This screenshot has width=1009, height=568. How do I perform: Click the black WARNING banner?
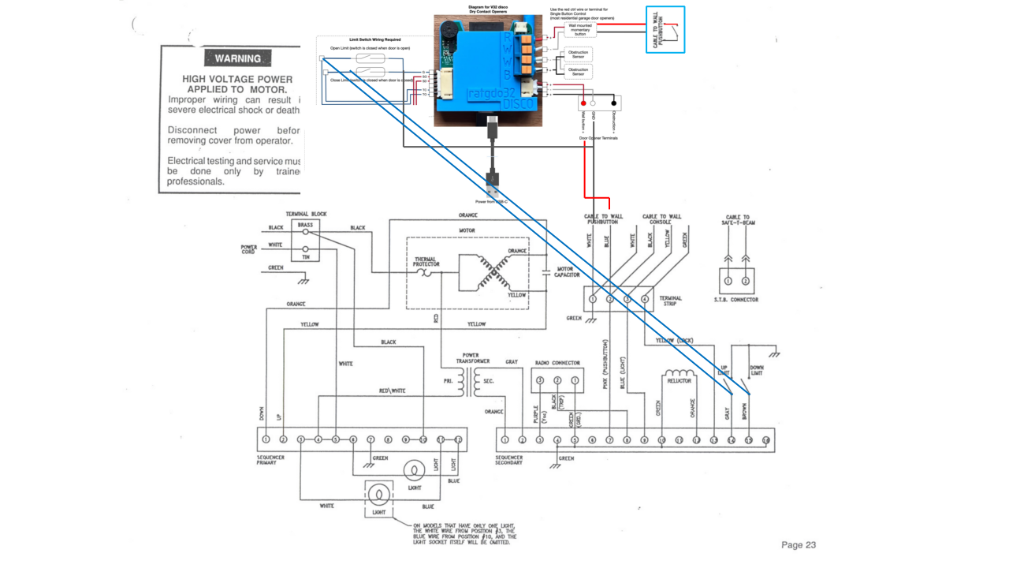pos(238,58)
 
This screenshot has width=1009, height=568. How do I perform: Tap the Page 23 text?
pos(798,544)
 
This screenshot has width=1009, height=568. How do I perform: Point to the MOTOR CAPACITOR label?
pos(568,272)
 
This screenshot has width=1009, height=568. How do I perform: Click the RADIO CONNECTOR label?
pos(557,363)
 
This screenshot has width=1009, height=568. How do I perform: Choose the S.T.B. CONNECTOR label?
pos(735,300)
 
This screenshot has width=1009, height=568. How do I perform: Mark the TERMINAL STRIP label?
pos(670,301)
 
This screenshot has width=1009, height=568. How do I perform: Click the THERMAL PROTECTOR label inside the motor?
pos(425,261)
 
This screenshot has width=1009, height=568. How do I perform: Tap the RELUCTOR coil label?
pos(679,380)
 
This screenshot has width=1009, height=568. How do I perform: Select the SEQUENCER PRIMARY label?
pos(271,460)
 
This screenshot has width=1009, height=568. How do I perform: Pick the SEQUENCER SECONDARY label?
pos(509,460)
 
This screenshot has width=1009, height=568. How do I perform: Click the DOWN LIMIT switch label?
pos(757,370)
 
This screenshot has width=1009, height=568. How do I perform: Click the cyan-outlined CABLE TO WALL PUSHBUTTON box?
pos(665,29)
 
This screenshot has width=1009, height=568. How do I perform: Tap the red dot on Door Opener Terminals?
pos(584,103)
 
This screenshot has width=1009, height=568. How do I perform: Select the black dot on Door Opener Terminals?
pos(614,103)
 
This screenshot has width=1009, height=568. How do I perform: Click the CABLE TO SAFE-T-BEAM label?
pos(737,219)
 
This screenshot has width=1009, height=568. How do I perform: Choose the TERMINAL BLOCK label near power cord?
pos(306,214)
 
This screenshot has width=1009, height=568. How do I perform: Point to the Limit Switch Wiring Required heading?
pos(374,39)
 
